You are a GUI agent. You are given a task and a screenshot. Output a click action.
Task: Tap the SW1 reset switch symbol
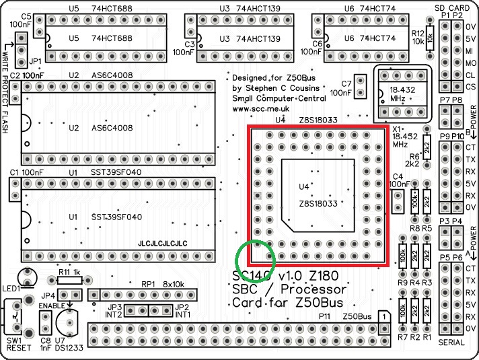[x=15, y=314]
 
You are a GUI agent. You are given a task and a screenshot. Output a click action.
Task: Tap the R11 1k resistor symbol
[x=69, y=281]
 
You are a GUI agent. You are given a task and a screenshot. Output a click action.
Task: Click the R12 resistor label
[x=416, y=33]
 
